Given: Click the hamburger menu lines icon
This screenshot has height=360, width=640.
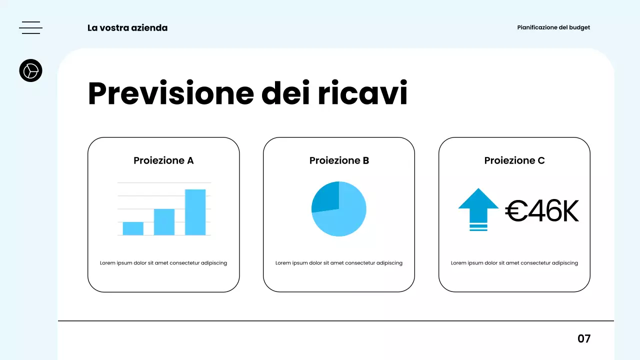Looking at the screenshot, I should coord(30,27).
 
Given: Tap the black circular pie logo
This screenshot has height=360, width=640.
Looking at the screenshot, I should coord(30,70).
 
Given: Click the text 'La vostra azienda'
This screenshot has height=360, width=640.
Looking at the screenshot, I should coord(127,28).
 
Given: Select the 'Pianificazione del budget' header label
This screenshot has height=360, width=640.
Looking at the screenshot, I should coord(553,27).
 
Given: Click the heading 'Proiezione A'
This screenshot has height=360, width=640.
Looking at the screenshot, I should coord(163,160).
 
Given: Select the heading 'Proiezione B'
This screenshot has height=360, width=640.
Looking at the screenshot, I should coord(339,160).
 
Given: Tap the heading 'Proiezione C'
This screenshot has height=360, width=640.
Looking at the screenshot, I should coord(514,160).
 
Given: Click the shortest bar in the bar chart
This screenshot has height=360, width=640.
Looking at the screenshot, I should coord(133,228).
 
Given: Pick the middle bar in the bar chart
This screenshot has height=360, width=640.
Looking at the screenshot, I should coord(164,222).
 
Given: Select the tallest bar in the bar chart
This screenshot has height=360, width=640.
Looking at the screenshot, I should coord(195,212).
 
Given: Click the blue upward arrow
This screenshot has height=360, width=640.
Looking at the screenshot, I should coord(478,207).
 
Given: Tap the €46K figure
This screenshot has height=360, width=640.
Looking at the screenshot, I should coord(542,211).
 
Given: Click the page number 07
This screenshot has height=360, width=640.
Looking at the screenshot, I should coord(584,338).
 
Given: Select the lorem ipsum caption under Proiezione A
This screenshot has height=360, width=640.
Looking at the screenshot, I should coord(163,263).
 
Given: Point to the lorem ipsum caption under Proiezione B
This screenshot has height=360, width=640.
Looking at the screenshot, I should coord(339,263).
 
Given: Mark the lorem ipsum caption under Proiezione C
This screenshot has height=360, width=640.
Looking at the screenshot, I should coord(514,263).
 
